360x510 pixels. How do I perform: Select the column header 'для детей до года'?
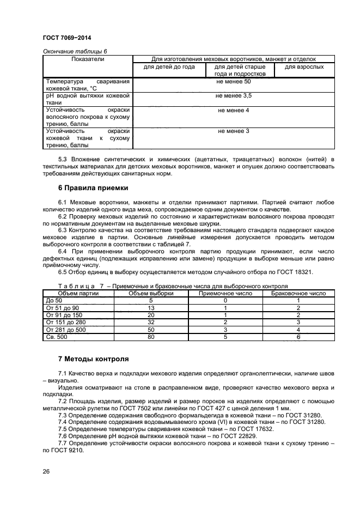coord(169,67)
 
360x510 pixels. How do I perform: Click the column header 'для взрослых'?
coord(304,67)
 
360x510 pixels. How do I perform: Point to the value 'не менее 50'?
coord(233,81)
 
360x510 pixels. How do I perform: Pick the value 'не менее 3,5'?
coord(233,95)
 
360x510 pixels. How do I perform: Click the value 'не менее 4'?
coord(233,110)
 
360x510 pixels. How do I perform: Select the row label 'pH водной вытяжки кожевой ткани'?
coord(88,99)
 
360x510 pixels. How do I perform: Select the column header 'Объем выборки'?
coord(151,293)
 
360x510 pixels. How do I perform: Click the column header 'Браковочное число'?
coord(298,293)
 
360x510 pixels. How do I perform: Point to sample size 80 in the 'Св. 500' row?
coord(151,337)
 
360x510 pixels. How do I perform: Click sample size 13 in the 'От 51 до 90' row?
coord(151,308)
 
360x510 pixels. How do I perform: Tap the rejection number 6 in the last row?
coord(298,337)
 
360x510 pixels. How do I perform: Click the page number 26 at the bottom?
coord(46,472)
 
